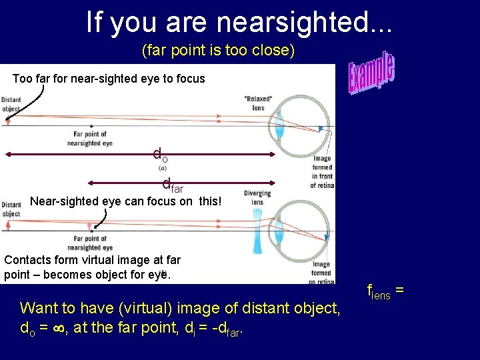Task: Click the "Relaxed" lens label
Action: tap(258, 103)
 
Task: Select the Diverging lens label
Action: tap(257, 198)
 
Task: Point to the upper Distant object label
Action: tap(11, 104)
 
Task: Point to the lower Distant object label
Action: tap(11, 209)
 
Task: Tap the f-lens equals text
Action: tap(385, 291)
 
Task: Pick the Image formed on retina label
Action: tap(321, 273)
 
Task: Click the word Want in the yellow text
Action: tap(38, 308)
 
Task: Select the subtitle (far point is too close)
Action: tap(218, 51)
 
